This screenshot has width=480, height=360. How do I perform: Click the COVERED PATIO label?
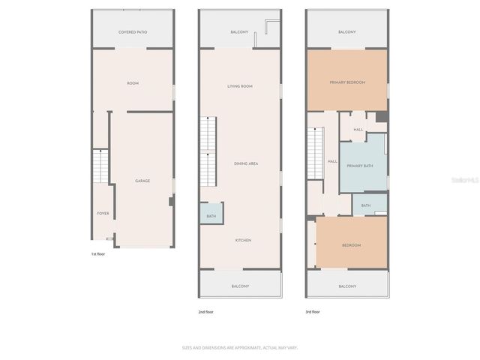[x=133, y=32]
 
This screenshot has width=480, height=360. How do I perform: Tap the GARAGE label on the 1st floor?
[x=142, y=181]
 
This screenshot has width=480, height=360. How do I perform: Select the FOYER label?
[x=103, y=214]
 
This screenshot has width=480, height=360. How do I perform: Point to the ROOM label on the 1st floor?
[x=133, y=83]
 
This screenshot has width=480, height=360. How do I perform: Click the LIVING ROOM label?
[x=240, y=86]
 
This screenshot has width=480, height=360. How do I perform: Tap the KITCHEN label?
[x=243, y=240]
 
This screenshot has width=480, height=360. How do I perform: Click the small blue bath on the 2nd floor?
[x=211, y=216]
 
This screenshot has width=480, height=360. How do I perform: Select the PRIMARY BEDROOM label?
[x=346, y=82]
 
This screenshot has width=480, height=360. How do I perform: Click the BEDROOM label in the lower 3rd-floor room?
[x=351, y=245]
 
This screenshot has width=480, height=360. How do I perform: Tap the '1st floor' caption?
[x=97, y=255]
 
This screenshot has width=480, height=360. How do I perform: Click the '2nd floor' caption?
[x=205, y=311]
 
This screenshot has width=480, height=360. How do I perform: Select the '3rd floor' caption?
[x=313, y=311]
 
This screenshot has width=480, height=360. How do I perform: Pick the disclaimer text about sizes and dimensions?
[x=240, y=347]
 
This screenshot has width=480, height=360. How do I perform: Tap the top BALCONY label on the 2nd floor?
[x=240, y=32]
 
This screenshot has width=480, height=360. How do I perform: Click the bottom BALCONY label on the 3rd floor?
[x=346, y=286]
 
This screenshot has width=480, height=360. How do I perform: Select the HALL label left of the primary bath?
[x=332, y=161]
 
